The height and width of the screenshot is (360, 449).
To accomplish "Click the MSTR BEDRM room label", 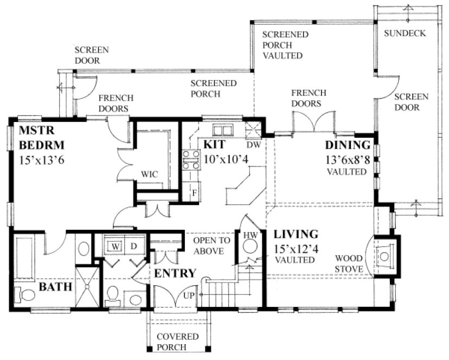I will coord(42,138).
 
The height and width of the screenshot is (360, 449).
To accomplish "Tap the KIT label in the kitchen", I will coord(215,145).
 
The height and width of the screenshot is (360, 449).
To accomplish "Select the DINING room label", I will coord(348,145).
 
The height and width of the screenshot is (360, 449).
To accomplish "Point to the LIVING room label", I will coord(296,235).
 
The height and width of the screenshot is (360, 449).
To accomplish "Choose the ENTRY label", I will coord(175,273).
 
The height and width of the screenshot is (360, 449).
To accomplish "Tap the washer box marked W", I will coord(115,246).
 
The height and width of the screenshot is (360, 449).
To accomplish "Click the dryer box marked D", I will coord(133,246).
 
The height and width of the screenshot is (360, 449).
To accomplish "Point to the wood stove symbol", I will coord(384,255).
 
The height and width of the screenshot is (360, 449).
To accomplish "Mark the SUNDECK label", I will coord(405,34).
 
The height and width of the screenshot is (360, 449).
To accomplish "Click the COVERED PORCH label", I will coord(173,342).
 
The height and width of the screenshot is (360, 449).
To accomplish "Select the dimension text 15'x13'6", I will coord(42,160).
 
